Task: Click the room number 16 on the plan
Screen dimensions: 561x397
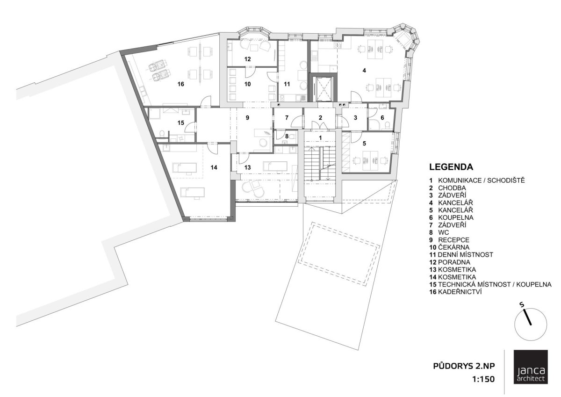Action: (x=180, y=84)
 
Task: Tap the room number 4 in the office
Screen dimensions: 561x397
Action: (x=364, y=71)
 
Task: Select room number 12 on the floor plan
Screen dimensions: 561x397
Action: (x=247, y=59)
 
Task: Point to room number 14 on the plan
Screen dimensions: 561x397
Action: (x=214, y=167)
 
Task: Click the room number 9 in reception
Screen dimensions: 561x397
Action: (x=247, y=118)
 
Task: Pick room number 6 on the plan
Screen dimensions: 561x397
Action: (x=382, y=118)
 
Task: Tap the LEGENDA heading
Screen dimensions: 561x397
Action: (x=451, y=167)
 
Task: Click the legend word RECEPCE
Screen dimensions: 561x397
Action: (x=453, y=240)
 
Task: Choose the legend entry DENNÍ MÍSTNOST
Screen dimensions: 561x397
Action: (x=465, y=255)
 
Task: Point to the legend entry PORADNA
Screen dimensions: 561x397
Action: (x=454, y=262)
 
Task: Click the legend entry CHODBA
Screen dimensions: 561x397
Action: (x=452, y=188)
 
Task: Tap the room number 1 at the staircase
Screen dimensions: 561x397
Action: (x=320, y=137)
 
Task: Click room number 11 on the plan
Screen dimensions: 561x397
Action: (x=287, y=84)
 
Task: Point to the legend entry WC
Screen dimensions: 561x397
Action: (x=444, y=232)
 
